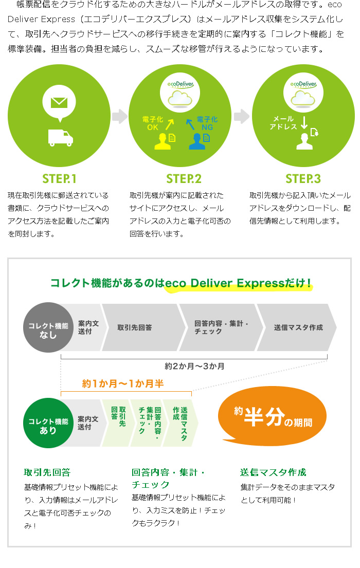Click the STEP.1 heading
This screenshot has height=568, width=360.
[59, 179]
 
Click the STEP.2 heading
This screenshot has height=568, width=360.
[184, 179]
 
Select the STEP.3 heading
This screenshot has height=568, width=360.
[303, 179]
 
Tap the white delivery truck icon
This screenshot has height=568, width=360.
[61, 137]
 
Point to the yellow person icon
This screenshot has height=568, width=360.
[163, 140]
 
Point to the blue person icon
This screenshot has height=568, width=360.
[197, 140]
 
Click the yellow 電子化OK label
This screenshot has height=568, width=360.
[153, 123]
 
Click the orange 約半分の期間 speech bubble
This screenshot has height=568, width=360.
[273, 418]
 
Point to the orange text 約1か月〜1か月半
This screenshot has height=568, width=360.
[123, 383]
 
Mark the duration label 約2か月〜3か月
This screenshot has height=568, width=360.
[194, 367]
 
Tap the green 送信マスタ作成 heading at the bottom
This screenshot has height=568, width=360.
[273, 472]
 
